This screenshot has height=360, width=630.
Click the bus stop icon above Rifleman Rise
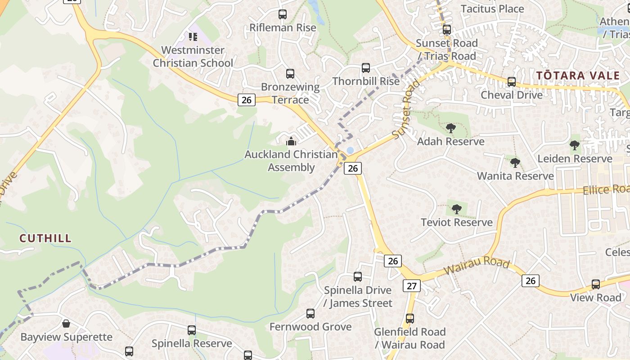pyautogui.click(x=282, y=14)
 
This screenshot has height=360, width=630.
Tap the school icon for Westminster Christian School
pyautogui.click(x=193, y=37)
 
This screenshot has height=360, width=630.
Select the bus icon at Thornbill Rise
pyautogui.click(x=366, y=68)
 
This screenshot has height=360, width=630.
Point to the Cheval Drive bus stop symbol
pyautogui.click(x=512, y=82)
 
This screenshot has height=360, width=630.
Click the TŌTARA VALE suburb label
pyautogui.click(x=578, y=76)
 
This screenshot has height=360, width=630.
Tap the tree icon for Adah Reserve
pyautogui.click(x=450, y=129)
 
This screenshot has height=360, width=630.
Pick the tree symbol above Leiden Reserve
pyautogui.click(x=574, y=145)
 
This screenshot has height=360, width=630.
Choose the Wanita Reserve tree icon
pyautogui.click(x=515, y=163)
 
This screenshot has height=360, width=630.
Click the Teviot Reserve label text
pyautogui.click(x=457, y=222)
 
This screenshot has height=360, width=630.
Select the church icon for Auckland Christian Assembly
pyautogui.click(x=291, y=142)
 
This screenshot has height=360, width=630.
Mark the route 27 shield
pyautogui.click(x=412, y=286)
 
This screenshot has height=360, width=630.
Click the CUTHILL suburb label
pyautogui.click(x=45, y=238)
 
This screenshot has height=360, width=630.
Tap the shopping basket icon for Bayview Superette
pyautogui.click(x=66, y=324)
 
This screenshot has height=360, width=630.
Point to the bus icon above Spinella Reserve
pyautogui.click(x=192, y=330)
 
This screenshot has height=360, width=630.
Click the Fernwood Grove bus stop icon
pyautogui.click(x=310, y=314)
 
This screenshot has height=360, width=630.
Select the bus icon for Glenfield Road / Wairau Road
pyautogui.click(x=409, y=319)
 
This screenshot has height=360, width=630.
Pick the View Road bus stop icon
pyautogui.click(x=596, y=284)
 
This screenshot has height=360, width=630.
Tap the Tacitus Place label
pyautogui.click(x=492, y=9)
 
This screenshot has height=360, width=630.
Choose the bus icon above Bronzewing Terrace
pyautogui.click(x=290, y=73)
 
